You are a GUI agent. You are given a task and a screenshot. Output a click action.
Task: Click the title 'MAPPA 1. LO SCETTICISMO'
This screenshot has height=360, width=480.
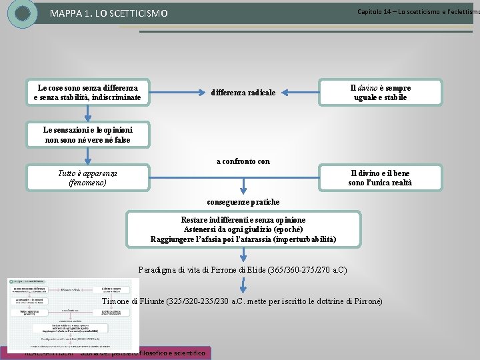[109, 14]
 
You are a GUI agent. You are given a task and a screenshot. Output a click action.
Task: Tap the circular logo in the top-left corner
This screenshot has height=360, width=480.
[23, 13]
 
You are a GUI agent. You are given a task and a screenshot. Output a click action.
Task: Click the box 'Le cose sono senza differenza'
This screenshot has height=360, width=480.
[87, 93]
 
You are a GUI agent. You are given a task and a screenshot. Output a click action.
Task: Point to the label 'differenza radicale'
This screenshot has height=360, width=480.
[243, 93]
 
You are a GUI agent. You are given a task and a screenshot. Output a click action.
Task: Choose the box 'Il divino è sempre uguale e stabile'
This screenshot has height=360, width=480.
[380, 93]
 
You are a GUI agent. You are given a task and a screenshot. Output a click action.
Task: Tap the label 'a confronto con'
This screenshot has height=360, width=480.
[243, 161]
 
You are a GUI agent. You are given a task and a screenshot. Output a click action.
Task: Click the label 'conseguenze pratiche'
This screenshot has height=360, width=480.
[243, 202]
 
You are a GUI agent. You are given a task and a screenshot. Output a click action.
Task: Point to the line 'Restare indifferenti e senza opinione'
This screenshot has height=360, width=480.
[243, 220]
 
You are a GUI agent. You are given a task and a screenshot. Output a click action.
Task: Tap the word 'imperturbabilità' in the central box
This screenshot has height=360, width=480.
[301, 239]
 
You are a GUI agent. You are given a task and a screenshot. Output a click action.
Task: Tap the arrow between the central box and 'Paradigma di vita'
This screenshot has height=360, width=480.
[244, 255]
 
